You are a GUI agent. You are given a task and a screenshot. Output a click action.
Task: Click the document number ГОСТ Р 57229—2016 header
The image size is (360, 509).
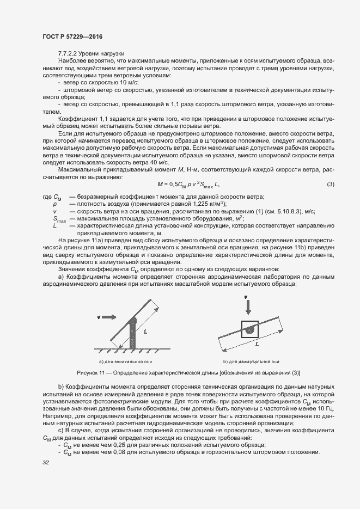[72, 36]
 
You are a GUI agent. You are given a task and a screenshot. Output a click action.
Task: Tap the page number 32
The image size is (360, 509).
[46, 463]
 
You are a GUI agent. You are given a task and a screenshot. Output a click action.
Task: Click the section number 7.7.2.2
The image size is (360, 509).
[69, 53]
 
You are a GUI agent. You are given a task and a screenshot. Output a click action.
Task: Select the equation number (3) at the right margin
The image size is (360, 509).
[330, 185]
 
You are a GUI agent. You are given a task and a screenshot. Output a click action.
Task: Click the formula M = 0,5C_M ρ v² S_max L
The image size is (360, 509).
[188, 185]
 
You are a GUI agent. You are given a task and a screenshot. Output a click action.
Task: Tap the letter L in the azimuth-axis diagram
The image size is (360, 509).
[256, 345]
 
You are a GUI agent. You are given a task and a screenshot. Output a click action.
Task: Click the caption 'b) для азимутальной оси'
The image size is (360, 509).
[251, 361]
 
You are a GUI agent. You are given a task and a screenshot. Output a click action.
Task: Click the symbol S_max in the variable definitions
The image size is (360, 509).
[59, 219]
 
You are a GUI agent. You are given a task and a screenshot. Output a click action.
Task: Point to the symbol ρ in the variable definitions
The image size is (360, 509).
[55, 204]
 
